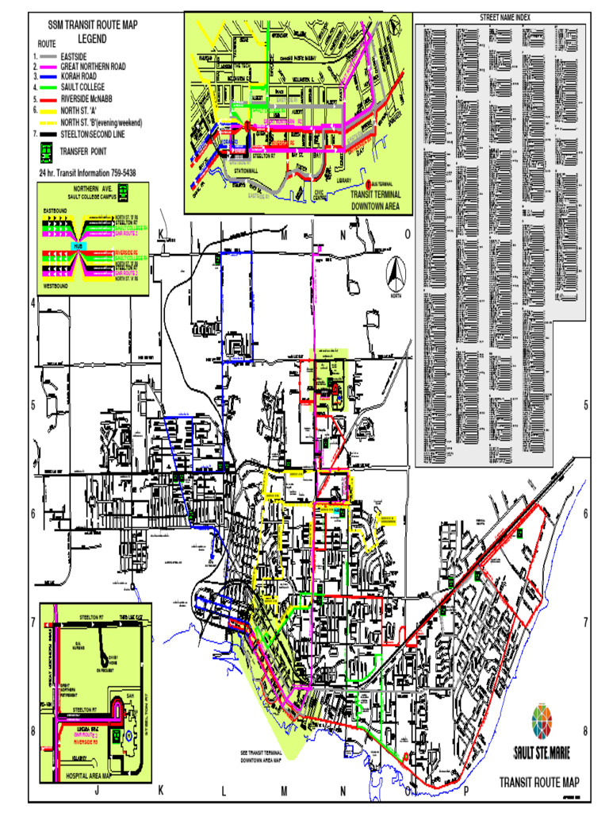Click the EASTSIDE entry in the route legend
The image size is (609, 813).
(74, 57)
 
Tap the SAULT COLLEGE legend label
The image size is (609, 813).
(82, 86)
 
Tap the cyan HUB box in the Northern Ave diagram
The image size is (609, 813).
(78, 246)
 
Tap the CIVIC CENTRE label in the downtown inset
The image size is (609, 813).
(319, 194)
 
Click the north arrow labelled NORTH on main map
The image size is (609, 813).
(396, 276)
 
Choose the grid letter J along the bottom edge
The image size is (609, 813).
(97, 791)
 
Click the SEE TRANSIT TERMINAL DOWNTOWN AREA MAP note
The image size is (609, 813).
(261, 756)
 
